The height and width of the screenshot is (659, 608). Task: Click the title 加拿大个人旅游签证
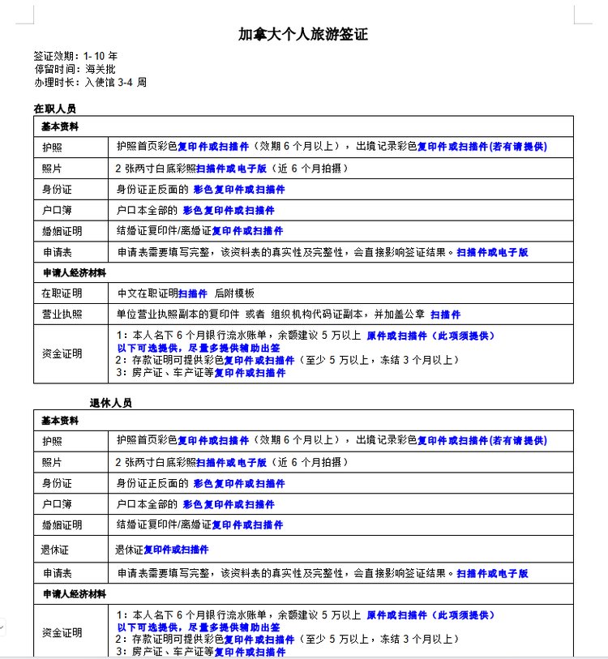(x=303, y=35)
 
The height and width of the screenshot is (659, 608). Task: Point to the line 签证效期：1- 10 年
(x=75, y=57)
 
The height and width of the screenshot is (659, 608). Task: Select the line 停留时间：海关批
(x=69, y=69)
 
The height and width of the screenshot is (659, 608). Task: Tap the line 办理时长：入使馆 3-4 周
(x=90, y=82)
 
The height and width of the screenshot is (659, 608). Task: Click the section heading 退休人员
(x=110, y=403)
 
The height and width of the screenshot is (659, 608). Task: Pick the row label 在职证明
(x=62, y=293)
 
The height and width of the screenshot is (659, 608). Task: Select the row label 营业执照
(x=62, y=315)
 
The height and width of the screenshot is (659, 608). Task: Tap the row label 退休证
(x=57, y=550)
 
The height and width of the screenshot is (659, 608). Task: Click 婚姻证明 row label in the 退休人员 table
(x=62, y=525)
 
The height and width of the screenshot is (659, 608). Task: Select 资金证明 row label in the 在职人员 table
(x=62, y=353)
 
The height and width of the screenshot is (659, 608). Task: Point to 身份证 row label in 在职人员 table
(x=57, y=189)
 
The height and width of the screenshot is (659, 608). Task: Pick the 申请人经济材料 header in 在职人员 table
(x=75, y=272)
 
